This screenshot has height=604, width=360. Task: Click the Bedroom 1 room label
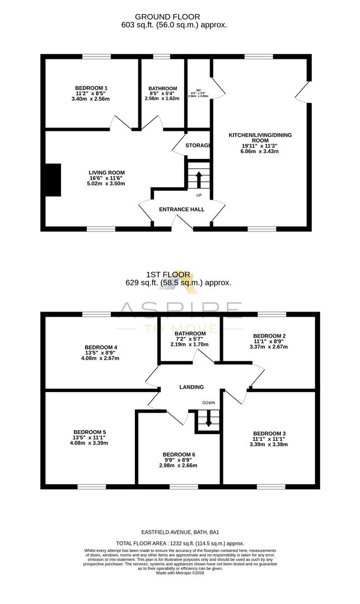[x=91, y=88]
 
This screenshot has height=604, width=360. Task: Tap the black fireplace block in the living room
[x=53, y=180]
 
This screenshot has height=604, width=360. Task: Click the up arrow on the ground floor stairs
[x=198, y=180]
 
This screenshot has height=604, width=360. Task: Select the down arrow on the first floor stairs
[x=208, y=419]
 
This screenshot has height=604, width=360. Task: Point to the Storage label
[x=198, y=145]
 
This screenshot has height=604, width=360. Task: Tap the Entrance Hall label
[x=182, y=209]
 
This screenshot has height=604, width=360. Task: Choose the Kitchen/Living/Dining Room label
[x=260, y=138]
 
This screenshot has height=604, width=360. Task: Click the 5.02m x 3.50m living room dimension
[x=106, y=183]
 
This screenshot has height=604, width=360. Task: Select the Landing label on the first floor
[x=191, y=387]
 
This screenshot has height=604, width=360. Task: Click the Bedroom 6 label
[x=179, y=454]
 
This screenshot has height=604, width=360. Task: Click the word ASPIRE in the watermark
[x=179, y=309]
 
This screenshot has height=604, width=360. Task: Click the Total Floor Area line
[x=180, y=543]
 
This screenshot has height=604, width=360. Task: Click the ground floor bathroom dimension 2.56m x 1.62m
[x=162, y=98]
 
